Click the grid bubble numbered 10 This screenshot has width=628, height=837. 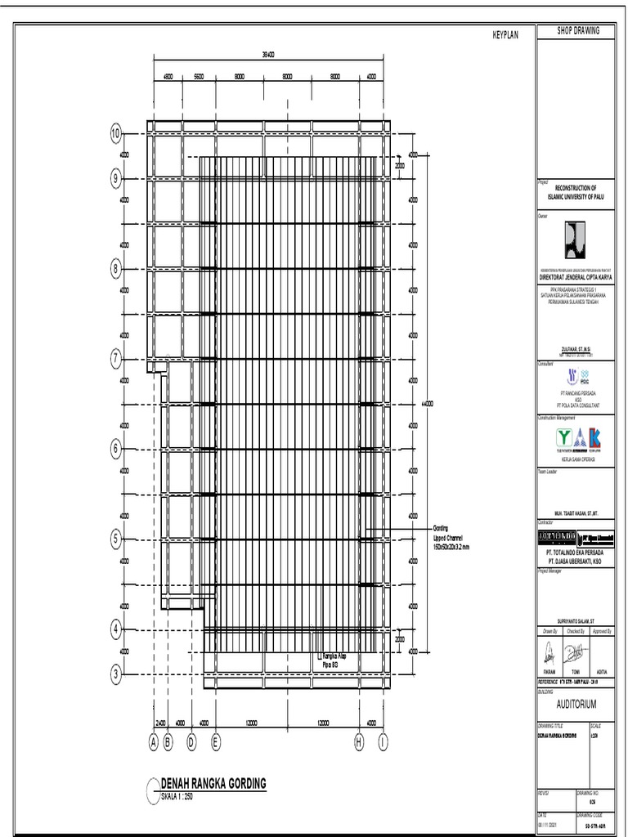point(116,133)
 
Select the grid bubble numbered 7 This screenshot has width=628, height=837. point(116,358)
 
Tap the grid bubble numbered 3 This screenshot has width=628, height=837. point(116,674)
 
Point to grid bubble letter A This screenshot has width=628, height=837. point(153,742)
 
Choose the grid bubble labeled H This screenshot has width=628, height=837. point(358,742)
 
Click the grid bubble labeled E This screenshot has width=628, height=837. point(216,742)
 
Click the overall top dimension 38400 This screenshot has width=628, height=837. point(267,54)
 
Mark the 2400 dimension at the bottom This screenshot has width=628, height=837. point(160,723)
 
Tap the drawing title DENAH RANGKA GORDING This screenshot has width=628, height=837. point(214,784)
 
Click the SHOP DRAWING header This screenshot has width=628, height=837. point(578,30)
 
